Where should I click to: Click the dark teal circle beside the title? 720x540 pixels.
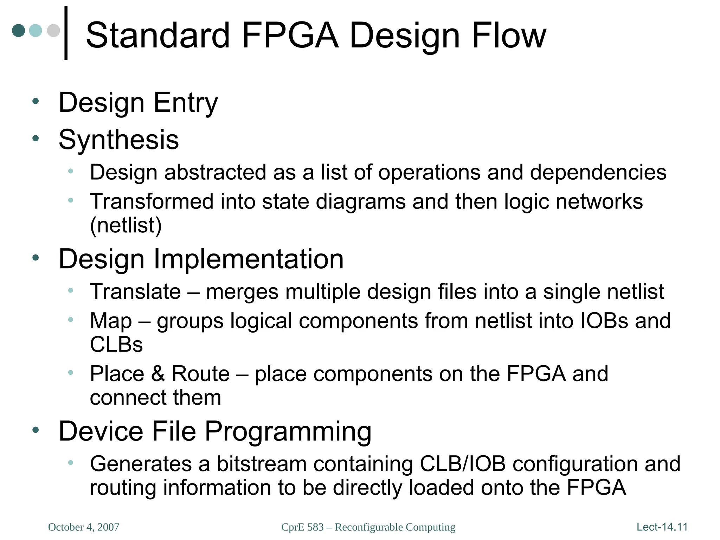[x=19, y=31]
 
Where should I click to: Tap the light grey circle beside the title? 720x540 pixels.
[x=53, y=31]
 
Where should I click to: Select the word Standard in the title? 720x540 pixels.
[x=157, y=36]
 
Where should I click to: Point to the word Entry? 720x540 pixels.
[x=186, y=103]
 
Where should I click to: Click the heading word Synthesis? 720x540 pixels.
[x=119, y=140]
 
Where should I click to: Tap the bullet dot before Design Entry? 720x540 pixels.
[x=35, y=102]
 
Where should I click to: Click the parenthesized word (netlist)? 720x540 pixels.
[x=126, y=225]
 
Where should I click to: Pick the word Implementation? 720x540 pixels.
[x=249, y=259]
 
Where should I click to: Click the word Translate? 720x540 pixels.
[x=135, y=291]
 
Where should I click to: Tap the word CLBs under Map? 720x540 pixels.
[x=116, y=345]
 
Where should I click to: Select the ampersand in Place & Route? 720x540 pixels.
[x=158, y=373]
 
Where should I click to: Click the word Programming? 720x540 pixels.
[x=288, y=431]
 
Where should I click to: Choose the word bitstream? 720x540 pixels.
[x=262, y=464]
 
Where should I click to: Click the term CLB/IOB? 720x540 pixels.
[x=463, y=464]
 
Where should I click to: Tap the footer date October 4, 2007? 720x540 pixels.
[x=84, y=527]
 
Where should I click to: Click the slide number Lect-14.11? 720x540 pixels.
[x=662, y=527]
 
